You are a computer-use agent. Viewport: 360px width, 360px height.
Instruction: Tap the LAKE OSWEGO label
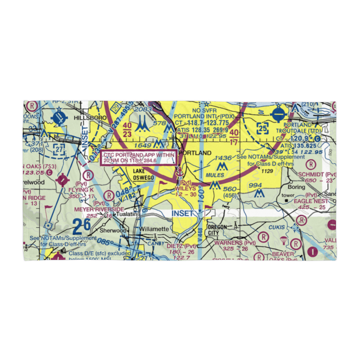coord(144,174)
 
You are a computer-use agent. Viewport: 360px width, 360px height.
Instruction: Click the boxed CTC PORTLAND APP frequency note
coord(139,157)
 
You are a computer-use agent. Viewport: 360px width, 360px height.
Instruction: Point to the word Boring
coord(297,187)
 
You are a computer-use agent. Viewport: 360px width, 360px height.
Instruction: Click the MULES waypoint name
coord(215,175)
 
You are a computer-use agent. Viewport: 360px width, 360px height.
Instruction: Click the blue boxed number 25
coord(262,128)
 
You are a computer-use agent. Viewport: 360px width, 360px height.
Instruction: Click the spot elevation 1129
coord(268,171)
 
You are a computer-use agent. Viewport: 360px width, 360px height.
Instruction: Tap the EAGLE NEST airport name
coord(311,201)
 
